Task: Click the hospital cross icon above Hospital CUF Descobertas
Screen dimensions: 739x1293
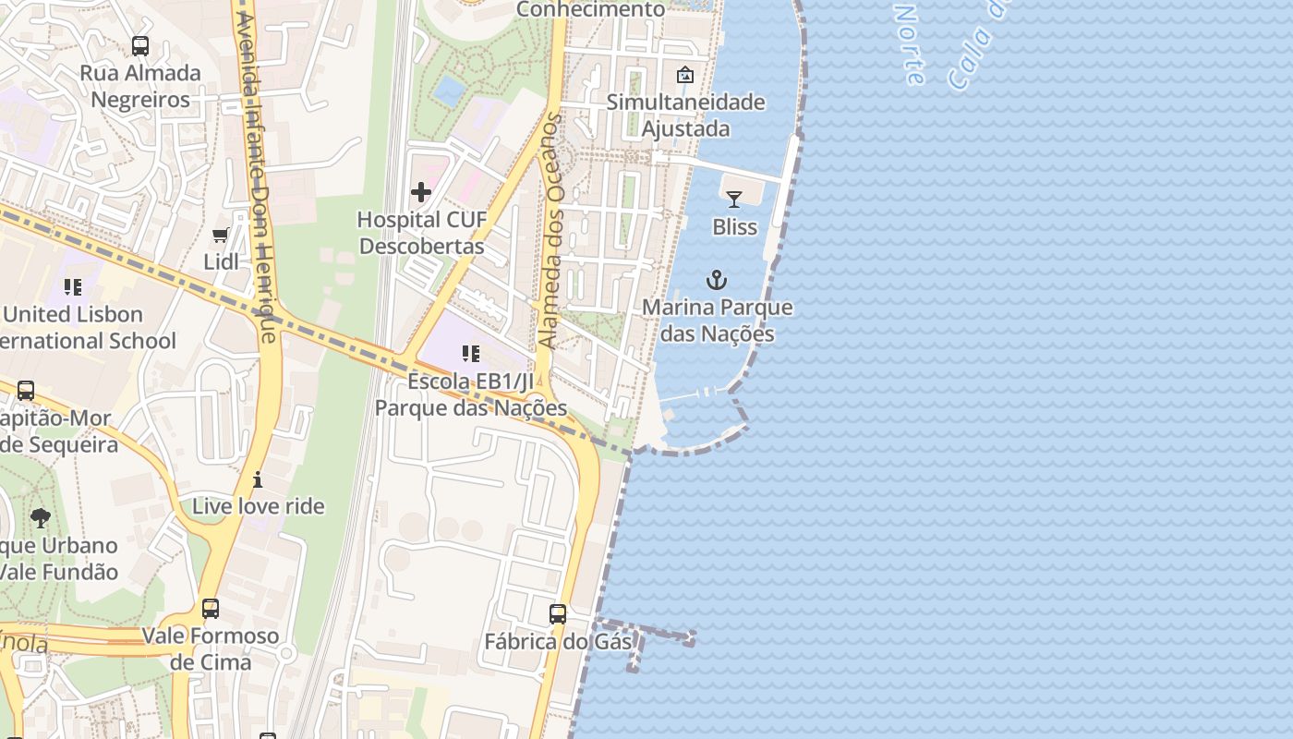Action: pos(421,192)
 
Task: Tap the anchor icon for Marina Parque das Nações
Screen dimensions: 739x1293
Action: pos(717,280)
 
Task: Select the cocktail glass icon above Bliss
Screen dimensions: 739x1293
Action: pos(734,199)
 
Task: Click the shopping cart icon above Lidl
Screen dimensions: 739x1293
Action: pos(221,236)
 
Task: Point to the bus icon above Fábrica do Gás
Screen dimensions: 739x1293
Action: pos(558,614)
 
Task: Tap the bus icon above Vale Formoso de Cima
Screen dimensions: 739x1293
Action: pos(211,609)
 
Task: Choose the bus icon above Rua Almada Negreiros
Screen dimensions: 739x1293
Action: pos(140,45)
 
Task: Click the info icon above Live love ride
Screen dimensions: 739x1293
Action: pos(258,479)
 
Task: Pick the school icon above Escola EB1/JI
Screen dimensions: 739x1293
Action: pos(471,354)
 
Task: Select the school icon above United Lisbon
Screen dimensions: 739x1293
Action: pos(73,287)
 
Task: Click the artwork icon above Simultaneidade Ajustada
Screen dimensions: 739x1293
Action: pos(685,75)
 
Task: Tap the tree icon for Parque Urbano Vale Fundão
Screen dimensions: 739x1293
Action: pos(40,518)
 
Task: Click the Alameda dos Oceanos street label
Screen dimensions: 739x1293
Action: pos(551,231)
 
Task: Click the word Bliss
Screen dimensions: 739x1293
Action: pos(734,226)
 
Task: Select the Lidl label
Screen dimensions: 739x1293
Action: pos(221,261)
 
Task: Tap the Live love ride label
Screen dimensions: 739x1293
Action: pos(259,506)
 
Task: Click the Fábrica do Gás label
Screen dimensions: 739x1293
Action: pos(558,641)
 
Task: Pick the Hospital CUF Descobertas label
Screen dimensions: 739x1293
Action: pos(421,233)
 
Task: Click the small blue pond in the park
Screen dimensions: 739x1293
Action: pos(450,91)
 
